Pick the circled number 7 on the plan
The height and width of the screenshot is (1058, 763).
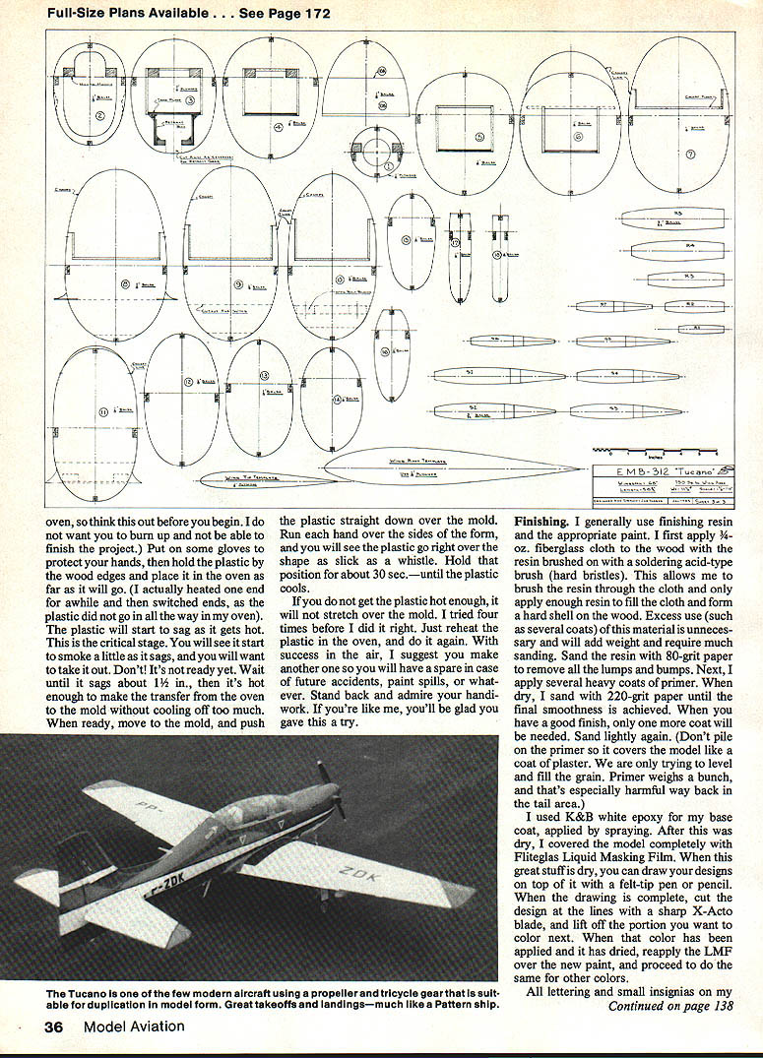coord(691,154)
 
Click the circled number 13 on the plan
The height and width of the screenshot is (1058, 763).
coord(264,377)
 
